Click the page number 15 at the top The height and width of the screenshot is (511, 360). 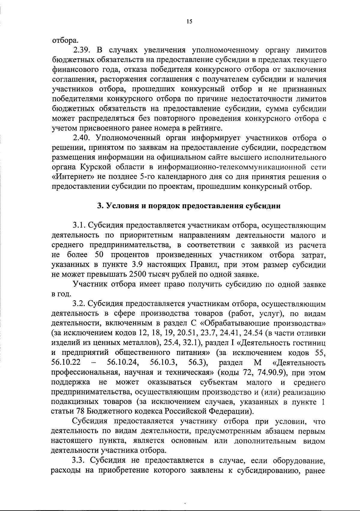coord(189,21)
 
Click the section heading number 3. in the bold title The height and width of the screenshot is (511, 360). coord(99,206)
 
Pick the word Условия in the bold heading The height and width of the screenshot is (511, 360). coord(120,206)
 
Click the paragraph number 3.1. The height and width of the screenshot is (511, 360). coord(79,225)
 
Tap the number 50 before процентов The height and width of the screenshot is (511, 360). coord(99,255)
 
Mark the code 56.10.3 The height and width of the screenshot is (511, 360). coord(163,362)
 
